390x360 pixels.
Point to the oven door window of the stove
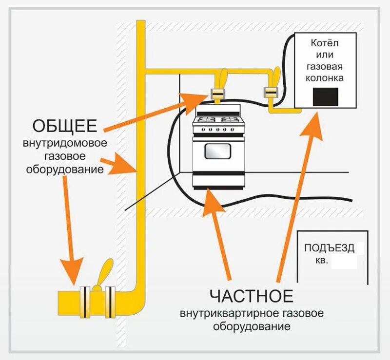point(217,152)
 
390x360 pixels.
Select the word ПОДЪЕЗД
point(330,248)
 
